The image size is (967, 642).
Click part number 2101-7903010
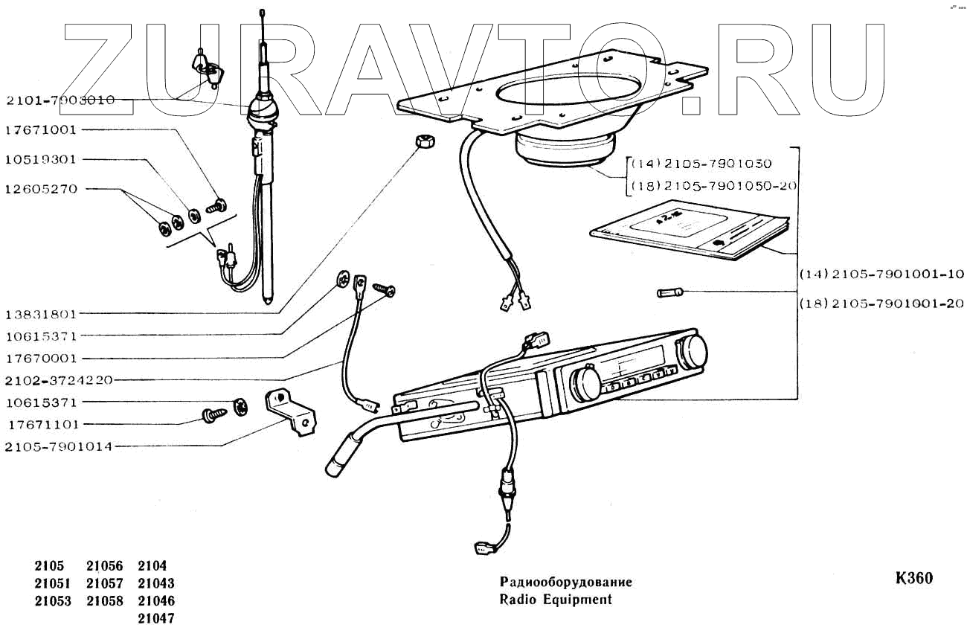(x=60, y=100)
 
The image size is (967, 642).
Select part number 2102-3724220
(x=59, y=380)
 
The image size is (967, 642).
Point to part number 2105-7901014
(x=59, y=446)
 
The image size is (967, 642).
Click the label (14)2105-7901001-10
(x=881, y=275)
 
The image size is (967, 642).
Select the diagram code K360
(x=914, y=578)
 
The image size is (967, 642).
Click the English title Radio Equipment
(x=556, y=600)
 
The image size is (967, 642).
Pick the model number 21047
(x=156, y=619)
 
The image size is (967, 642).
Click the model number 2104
(x=152, y=566)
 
